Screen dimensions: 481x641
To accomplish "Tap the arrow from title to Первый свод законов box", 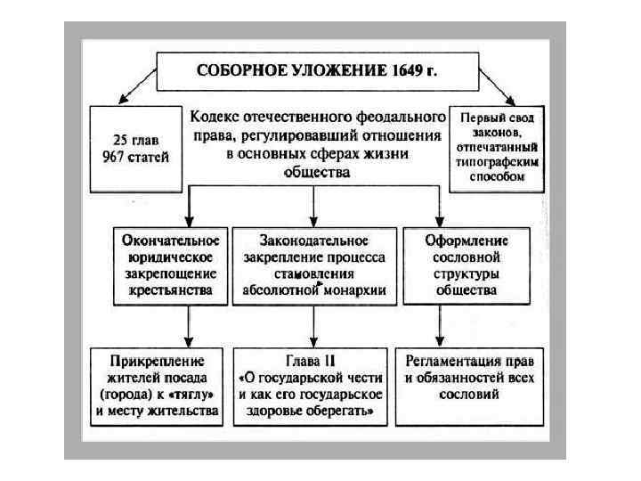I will (x=499, y=87).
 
